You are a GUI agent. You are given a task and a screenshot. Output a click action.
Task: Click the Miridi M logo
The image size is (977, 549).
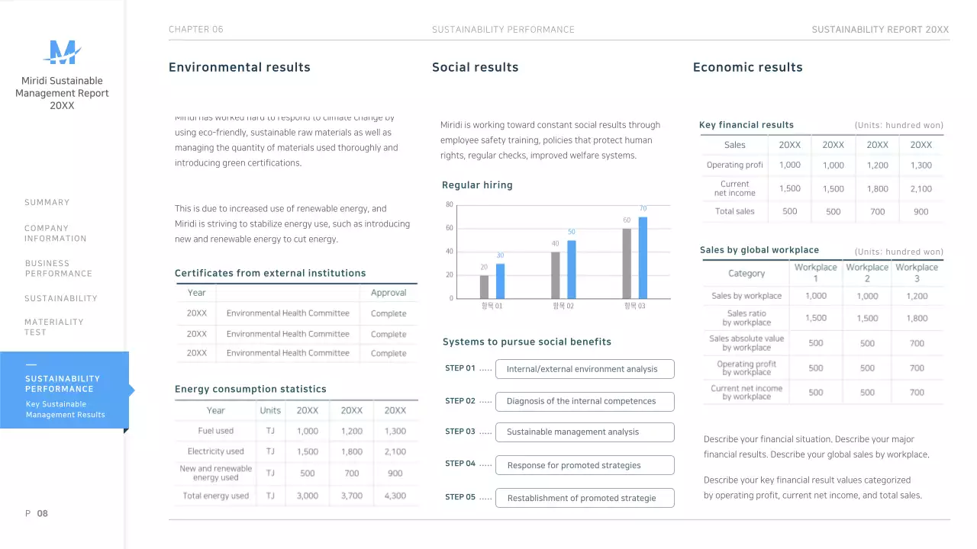[62, 52]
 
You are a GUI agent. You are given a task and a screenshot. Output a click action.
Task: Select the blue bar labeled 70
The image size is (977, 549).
[643, 258]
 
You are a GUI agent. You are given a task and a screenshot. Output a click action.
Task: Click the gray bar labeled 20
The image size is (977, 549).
[484, 287]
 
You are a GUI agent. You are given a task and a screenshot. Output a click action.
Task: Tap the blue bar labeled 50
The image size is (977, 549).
[571, 269]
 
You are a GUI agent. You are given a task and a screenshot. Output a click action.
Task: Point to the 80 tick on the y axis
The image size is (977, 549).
[450, 204]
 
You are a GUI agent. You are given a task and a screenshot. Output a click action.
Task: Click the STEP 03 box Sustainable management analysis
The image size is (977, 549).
[585, 432]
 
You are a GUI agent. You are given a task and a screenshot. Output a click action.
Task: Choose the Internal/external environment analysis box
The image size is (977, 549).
[585, 369]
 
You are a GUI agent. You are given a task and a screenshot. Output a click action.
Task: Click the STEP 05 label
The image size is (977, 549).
[460, 497]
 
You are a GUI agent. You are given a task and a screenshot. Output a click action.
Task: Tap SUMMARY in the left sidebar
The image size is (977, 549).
[47, 203]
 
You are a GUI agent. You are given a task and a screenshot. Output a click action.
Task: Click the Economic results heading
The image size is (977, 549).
[747, 68]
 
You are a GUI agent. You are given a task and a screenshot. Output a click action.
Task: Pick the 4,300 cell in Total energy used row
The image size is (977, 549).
[395, 496]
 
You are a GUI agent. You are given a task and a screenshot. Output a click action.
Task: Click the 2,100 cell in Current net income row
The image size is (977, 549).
[921, 189]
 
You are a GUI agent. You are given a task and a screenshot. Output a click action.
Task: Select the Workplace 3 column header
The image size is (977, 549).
[917, 273]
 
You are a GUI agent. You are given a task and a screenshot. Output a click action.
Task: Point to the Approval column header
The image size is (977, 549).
[389, 293]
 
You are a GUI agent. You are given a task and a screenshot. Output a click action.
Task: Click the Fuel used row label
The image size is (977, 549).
[216, 431]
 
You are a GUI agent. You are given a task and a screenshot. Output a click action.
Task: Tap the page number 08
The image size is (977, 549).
[42, 514]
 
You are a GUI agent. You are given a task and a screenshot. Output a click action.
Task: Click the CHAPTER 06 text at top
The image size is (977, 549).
[196, 30]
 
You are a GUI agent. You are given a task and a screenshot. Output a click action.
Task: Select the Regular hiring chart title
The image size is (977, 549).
[477, 185]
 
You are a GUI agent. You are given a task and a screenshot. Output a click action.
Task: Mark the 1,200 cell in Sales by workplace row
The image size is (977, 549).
[917, 297]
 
